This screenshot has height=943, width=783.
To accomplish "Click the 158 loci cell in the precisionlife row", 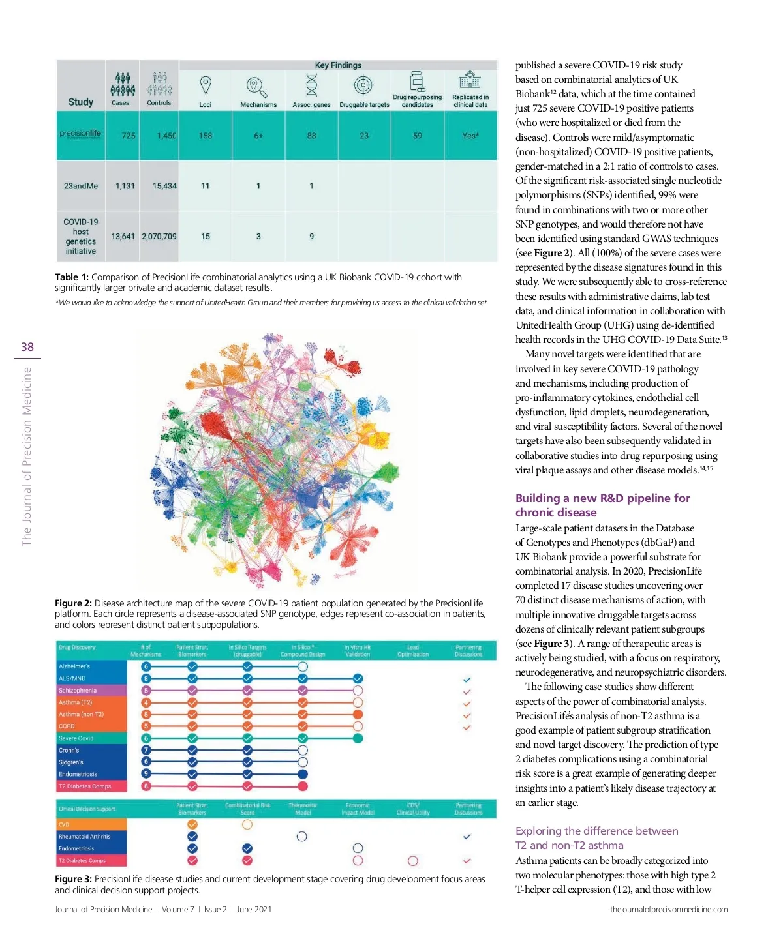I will [206, 136].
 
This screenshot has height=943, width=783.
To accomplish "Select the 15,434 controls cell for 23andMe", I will [164, 186].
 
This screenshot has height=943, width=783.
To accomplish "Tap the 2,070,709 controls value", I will [159, 236].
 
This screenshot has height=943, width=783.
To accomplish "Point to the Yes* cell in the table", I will [470, 136].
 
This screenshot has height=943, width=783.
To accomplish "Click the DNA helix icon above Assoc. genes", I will [312, 85].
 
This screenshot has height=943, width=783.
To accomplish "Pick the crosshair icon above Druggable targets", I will [363, 85].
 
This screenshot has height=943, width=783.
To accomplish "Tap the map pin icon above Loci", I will [206, 85].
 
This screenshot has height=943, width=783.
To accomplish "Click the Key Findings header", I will [338, 65].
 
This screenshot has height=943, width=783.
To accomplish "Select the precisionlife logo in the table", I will [81, 134].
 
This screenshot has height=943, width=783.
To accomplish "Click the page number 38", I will [27, 347].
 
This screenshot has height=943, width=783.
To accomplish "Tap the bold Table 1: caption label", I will [72, 277].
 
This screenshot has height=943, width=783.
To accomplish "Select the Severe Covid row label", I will [76, 738].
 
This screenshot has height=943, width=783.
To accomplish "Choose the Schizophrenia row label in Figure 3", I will [78, 690].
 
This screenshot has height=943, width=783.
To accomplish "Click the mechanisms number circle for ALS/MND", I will [146, 678].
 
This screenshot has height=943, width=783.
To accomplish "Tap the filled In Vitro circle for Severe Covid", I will [358, 738].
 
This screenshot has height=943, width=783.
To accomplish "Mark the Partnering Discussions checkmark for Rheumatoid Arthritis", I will [467, 836].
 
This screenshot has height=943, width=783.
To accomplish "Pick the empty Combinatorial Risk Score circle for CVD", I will [247, 824].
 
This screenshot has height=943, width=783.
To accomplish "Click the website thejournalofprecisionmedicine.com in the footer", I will [669, 909].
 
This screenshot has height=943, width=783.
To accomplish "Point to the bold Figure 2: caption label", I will [73, 603].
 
